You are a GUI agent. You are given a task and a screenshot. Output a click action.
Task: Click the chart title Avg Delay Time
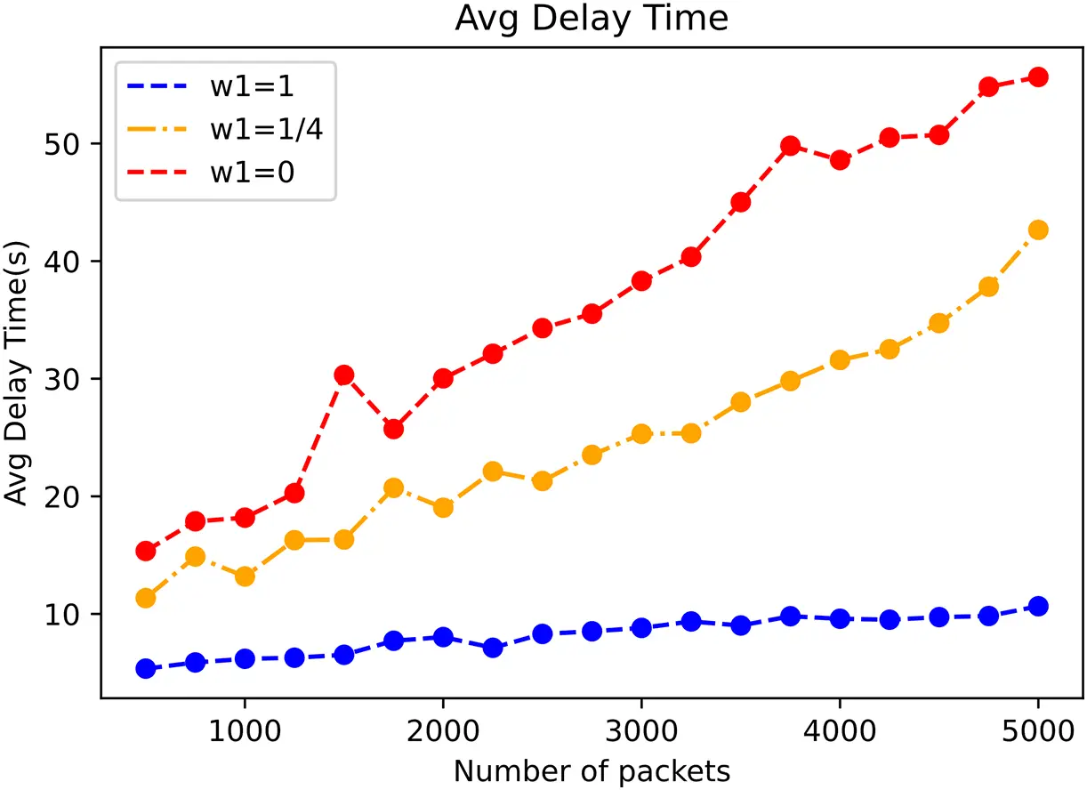point(592,20)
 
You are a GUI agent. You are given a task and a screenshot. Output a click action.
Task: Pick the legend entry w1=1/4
point(266,129)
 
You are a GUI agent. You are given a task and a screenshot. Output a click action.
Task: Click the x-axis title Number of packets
point(592,770)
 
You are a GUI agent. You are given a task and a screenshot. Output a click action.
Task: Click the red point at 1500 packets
point(343,375)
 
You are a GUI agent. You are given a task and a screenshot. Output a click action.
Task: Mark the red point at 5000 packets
point(1037,77)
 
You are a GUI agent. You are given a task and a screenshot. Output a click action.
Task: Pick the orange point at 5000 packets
point(1037,230)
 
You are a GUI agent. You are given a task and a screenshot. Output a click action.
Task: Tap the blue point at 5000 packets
point(1037,606)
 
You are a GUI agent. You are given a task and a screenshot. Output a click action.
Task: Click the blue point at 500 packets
point(146,669)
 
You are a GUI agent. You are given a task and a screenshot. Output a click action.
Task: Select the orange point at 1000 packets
point(245,576)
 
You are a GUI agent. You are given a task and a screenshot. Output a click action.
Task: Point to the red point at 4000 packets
point(839,160)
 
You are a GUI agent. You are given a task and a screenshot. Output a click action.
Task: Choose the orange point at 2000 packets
point(443,508)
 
